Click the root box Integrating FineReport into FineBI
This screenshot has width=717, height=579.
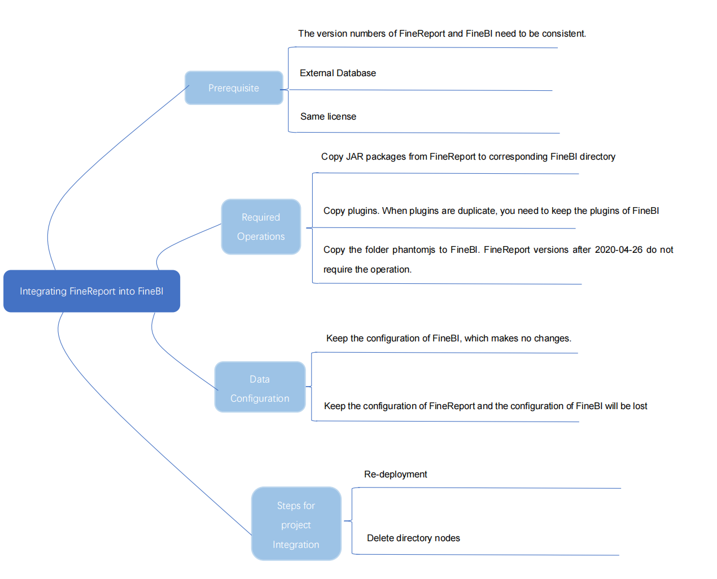tap(91, 291)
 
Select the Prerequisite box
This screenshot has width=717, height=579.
tap(234, 88)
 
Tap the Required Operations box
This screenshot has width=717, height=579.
tap(261, 227)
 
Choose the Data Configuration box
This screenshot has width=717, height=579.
tap(260, 388)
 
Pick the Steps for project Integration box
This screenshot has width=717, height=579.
tap(296, 524)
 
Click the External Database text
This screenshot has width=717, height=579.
tap(338, 73)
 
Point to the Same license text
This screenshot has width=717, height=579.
tap(328, 117)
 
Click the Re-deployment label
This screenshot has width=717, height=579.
tap(395, 475)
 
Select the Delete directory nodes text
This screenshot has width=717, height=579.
tap(413, 538)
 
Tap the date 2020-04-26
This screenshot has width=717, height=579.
tap(618, 250)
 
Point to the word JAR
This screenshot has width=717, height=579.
tap(355, 157)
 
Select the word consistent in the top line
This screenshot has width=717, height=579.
tap(563, 34)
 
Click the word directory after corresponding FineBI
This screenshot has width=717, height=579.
tap(597, 157)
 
